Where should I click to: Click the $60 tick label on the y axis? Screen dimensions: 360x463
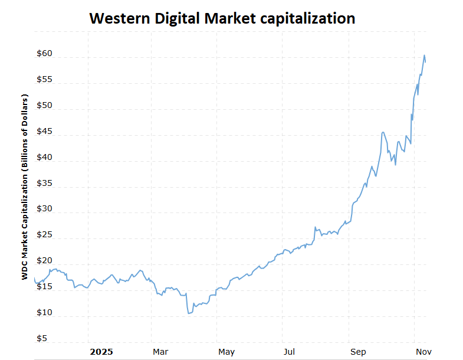click(44, 54)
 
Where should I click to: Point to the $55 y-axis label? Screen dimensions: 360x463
click(44, 80)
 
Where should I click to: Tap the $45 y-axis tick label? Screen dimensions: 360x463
click(44, 132)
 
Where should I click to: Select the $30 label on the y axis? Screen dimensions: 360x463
click(44, 209)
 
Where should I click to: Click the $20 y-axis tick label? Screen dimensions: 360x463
click(44, 261)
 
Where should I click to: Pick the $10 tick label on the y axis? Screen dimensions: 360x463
click(44, 313)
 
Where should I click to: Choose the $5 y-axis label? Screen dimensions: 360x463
click(42, 339)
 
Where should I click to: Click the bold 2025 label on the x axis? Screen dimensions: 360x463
click(101, 352)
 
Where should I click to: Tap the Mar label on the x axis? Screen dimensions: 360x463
click(160, 352)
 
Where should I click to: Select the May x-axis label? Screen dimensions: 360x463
click(226, 352)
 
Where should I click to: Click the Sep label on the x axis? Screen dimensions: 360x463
click(357, 352)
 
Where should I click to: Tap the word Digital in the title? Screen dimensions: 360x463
click(179, 18)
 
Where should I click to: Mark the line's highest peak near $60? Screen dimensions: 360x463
click(424, 55)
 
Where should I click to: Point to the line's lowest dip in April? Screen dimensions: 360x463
click(189, 313)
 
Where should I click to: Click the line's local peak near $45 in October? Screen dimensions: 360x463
click(383, 132)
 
